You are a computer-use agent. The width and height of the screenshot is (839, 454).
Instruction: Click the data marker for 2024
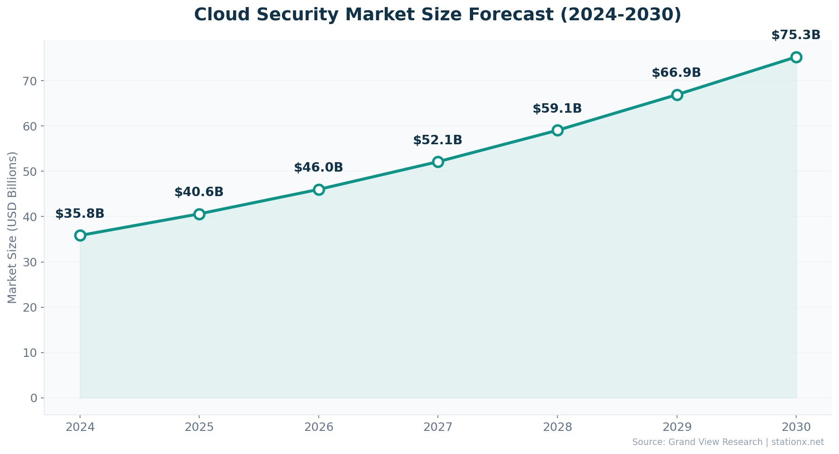coord(80,235)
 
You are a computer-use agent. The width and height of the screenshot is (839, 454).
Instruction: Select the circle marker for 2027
coord(438,162)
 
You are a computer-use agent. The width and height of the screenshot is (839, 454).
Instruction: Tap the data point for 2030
coord(796,57)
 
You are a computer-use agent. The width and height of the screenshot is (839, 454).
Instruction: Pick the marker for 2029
coord(677,95)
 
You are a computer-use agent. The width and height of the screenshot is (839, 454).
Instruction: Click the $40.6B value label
coord(199,192)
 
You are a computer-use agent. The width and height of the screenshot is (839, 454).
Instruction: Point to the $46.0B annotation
coord(318,168)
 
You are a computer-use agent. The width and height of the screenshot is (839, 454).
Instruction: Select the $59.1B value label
coord(557,109)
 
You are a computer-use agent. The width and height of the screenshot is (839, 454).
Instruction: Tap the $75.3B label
coord(796,35)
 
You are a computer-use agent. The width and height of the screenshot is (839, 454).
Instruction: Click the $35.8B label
coord(80,214)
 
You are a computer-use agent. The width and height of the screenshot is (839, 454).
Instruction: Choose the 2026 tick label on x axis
coord(319,427)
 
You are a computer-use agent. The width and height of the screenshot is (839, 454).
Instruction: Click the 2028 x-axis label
coord(557,427)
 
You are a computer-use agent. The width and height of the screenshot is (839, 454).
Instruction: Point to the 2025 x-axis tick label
coord(199,427)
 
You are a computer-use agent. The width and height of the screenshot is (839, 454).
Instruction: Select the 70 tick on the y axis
coord(30,81)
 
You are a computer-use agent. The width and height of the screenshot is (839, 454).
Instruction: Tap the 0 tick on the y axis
coord(34,398)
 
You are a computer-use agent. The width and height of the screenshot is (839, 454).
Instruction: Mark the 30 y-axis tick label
coord(30,263)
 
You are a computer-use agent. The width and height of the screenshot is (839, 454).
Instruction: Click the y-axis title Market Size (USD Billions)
coord(12,227)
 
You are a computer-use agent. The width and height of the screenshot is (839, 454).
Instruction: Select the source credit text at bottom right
coord(728,442)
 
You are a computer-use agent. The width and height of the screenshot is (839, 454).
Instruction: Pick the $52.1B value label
coord(437,140)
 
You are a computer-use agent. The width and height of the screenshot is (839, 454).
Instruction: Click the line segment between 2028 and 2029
coord(617,112)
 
